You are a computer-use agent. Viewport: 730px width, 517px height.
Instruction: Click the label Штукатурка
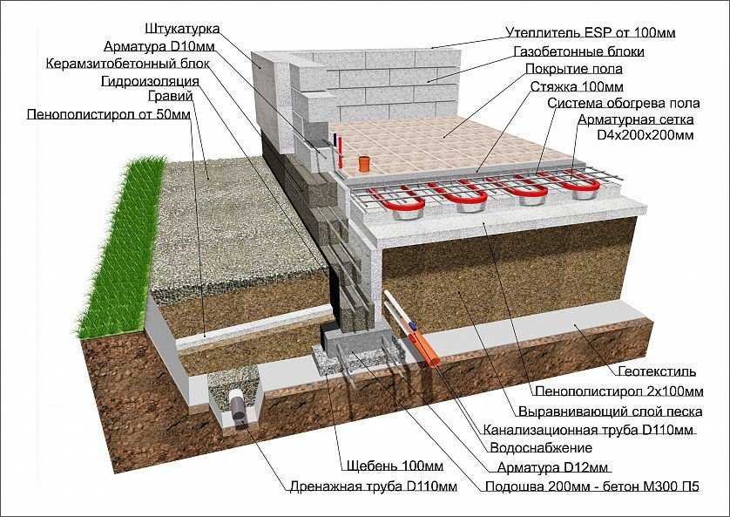(182, 29)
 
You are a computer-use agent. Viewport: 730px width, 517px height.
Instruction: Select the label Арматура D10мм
(159, 46)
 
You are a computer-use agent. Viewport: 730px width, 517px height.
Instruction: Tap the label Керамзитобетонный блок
(128, 64)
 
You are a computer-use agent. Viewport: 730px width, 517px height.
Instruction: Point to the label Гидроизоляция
(151, 81)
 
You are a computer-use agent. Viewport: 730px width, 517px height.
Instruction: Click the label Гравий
(171, 97)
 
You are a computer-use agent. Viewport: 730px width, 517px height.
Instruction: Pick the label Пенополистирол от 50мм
(109, 114)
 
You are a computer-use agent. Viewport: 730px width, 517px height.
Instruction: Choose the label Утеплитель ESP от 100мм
(591, 32)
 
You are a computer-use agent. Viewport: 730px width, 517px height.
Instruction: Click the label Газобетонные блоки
(579, 51)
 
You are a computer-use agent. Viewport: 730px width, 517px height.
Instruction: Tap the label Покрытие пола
(573, 69)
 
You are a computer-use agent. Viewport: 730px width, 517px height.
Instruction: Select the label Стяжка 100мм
(577, 87)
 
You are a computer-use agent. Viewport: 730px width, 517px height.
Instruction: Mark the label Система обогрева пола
(624, 103)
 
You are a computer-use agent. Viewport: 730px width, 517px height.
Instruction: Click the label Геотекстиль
(658, 371)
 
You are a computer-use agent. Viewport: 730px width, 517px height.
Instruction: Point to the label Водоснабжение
(541, 448)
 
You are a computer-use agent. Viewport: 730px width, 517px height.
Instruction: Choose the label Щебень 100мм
(395, 466)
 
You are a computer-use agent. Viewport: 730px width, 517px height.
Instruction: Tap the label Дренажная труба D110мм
(374, 486)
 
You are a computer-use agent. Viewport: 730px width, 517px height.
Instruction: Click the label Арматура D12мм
(552, 467)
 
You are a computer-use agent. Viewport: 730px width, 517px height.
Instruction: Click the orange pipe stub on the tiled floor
(363, 164)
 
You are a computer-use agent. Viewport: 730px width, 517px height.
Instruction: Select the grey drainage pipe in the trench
(239, 406)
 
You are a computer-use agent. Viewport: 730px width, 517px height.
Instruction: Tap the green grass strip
(122, 247)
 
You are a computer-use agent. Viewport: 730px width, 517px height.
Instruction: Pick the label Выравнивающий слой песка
(611, 412)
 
